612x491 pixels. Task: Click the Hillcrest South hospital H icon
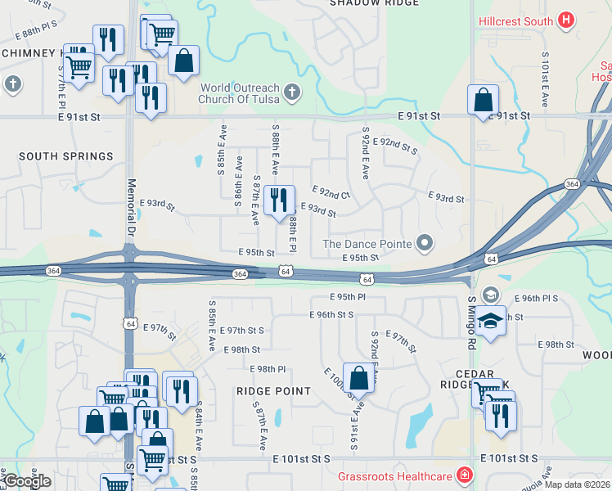click(x=565, y=19)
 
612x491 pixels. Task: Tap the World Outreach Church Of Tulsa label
click(x=240, y=93)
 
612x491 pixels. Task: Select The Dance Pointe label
click(x=367, y=243)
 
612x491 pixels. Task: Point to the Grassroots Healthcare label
click(x=395, y=475)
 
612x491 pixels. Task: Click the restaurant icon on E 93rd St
click(x=279, y=200)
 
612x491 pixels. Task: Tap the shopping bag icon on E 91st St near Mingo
click(x=483, y=100)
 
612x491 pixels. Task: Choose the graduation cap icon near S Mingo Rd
click(x=491, y=321)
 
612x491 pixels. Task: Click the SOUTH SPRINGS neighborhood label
click(x=66, y=156)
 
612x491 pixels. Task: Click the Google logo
click(x=27, y=481)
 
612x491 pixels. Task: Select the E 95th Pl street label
click(x=348, y=297)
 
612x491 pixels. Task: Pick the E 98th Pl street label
click(x=268, y=369)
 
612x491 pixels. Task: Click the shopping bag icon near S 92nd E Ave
click(x=358, y=377)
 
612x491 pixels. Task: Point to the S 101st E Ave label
click(x=545, y=80)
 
